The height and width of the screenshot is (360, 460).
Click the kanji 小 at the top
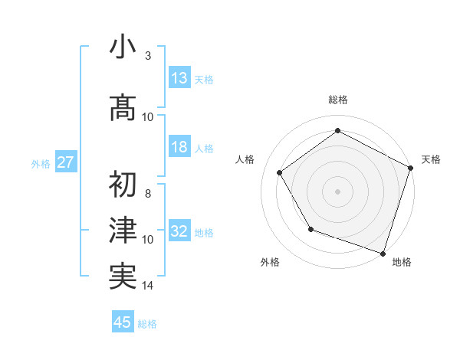pyautogui.click(x=122, y=49)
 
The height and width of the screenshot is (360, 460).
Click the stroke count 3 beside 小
pyautogui.click(x=147, y=56)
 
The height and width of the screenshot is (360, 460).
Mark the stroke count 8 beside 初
pyautogui.click(x=147, y=194)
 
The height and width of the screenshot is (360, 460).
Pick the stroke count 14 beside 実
pyautogui.click(x=148, y=286)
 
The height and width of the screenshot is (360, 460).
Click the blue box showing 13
pyautogui.click(x=179, y=77)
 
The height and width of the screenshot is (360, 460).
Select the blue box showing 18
pyautogui.click(x=179, y=147)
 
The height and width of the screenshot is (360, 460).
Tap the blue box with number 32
pyautogui.click(x=179, y=231)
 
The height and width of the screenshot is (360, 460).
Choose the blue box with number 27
pyautogui.click(x=65, y=162)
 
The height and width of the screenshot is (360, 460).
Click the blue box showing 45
pyautogui.click(x=123, y=322)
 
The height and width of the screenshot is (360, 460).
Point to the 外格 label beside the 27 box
pyautogui.click(x=41, y=163)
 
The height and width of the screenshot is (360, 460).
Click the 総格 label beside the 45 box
pyautogui.click(x=148, y=324)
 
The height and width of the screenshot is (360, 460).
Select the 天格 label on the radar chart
pyautogui.click(x=431, y=159)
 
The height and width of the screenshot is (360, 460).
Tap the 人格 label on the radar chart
pyautogui.click(x=245, y=159)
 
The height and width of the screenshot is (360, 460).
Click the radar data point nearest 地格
pyautogui.click(x=383, y=252)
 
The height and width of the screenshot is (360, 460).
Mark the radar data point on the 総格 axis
pyautogui.click(x=337, y=130)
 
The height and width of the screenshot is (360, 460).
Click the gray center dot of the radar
pyautogui.click(x=337, y=191)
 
